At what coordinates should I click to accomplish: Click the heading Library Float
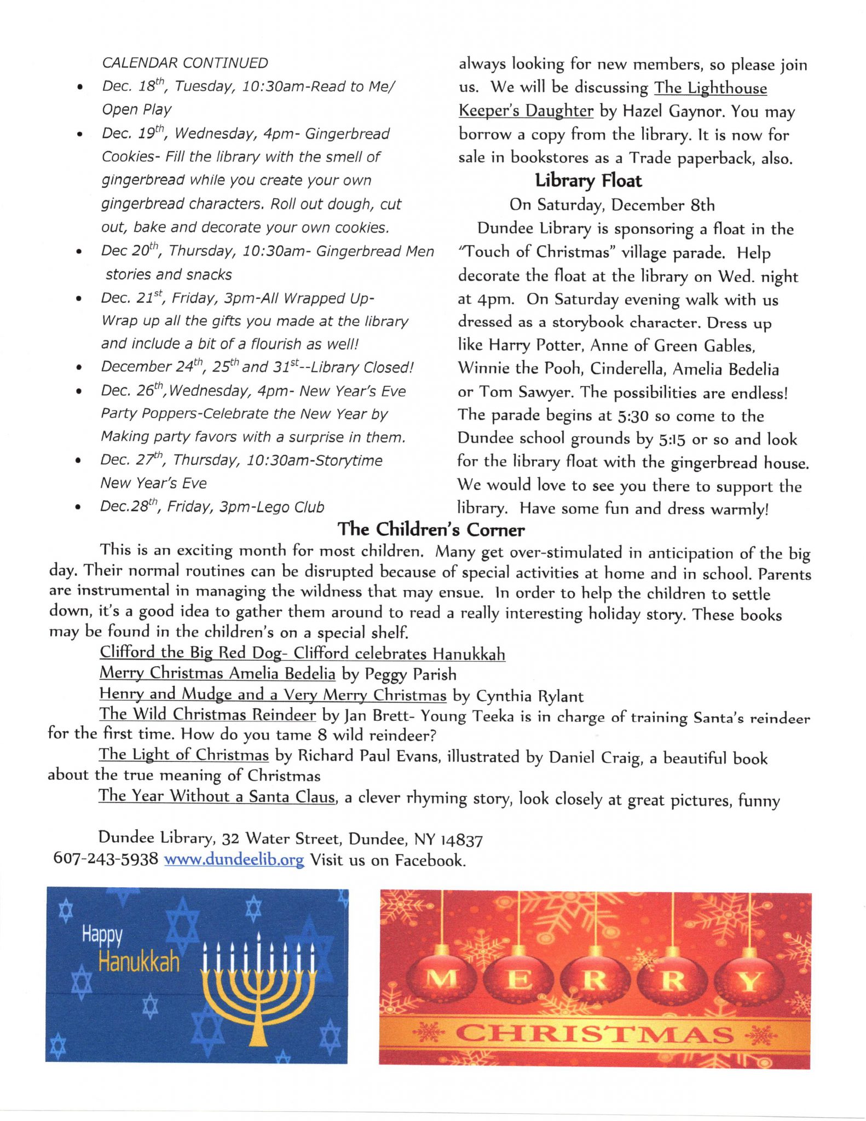(x=588, y=181)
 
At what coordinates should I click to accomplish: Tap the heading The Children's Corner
(x=431, y=529)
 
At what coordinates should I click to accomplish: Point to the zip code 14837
(x=461, y=840)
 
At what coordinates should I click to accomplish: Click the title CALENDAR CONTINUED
(x=185, y=63)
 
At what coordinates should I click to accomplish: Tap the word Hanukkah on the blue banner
(x=139, y=962)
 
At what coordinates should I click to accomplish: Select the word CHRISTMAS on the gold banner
(x=594, y=1034)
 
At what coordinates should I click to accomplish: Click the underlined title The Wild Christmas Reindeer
(x=207, y=715)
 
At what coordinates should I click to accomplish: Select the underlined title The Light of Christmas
(x=184, y=755)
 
